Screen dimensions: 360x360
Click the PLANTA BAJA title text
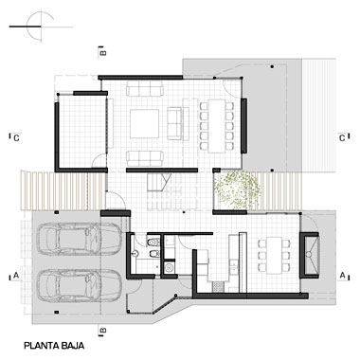point(54,346)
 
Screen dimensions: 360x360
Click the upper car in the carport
point(79,239)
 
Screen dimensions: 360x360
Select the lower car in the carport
point(79,286)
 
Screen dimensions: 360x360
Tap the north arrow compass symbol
point(41,27)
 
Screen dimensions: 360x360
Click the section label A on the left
point(16,276)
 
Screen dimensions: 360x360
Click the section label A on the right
point(342,276)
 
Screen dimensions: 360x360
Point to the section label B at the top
point(103,52)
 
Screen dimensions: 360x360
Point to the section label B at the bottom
point(103,331)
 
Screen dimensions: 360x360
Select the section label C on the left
point(17,138)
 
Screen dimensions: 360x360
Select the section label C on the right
point(342,138)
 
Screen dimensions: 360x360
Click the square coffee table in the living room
point(144,123)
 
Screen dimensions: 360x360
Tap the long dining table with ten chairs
point(217,126)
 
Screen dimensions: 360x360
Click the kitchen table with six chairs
point(274,255)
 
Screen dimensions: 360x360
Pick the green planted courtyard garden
point(237,190)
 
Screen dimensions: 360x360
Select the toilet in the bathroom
point(153,242)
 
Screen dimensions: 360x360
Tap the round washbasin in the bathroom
point(135,253)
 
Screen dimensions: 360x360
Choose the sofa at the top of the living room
point(145,89)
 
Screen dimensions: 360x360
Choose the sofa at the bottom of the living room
point(145,158)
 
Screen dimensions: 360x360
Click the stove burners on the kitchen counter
point(218,286)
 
